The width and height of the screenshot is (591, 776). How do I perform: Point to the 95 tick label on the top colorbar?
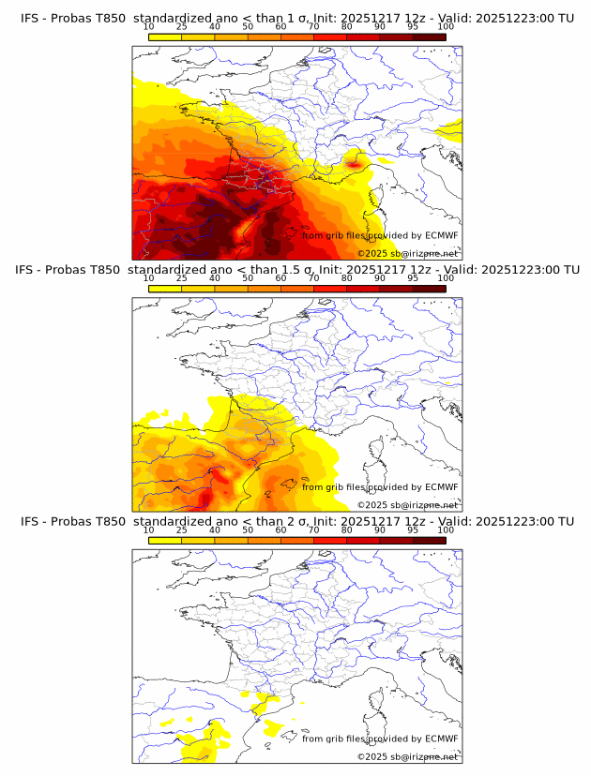coord(413,26)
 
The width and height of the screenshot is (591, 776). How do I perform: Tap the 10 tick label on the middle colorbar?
coord(148,278)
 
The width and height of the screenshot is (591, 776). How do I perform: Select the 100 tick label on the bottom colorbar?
coord(446,530)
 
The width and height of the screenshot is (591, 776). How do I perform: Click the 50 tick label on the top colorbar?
coord(248,26)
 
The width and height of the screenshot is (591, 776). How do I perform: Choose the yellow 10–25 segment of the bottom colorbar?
coord(165,540)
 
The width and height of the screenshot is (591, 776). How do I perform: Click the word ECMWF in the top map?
coord(441,235)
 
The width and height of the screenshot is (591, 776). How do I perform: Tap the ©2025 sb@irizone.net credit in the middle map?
coord(407,505)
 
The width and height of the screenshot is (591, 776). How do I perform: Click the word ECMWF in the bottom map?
coord(441,739)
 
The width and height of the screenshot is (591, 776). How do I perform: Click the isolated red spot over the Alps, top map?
coord(354,164)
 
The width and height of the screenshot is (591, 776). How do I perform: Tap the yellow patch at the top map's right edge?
coord(453,129)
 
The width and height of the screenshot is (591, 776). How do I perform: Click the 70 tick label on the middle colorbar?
coord(313,278)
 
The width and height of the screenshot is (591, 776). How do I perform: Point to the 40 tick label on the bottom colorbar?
coord(215,530)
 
